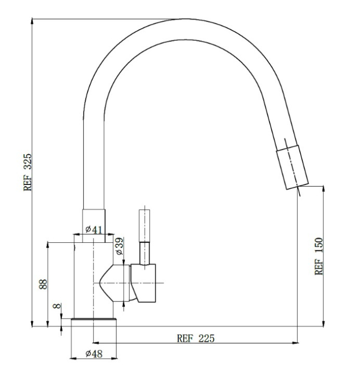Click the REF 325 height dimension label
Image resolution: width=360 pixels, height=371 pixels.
tap(28, 172)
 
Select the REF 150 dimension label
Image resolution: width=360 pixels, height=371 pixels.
tap(319, 256)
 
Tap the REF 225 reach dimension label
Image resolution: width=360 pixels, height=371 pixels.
tap(196, 338)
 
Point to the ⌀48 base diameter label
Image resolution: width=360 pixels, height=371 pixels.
tap(94, 354)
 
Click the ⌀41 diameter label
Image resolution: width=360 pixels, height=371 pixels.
tap(94, 229)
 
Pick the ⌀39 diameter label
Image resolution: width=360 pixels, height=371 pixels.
tap(120, 246)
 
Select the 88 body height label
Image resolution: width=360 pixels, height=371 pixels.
tap(43, 284)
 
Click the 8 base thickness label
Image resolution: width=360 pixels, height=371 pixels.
tap(57, 306)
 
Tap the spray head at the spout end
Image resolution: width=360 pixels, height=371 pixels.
tap(292, 167)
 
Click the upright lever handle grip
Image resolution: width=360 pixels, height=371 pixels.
tap(145, 225)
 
